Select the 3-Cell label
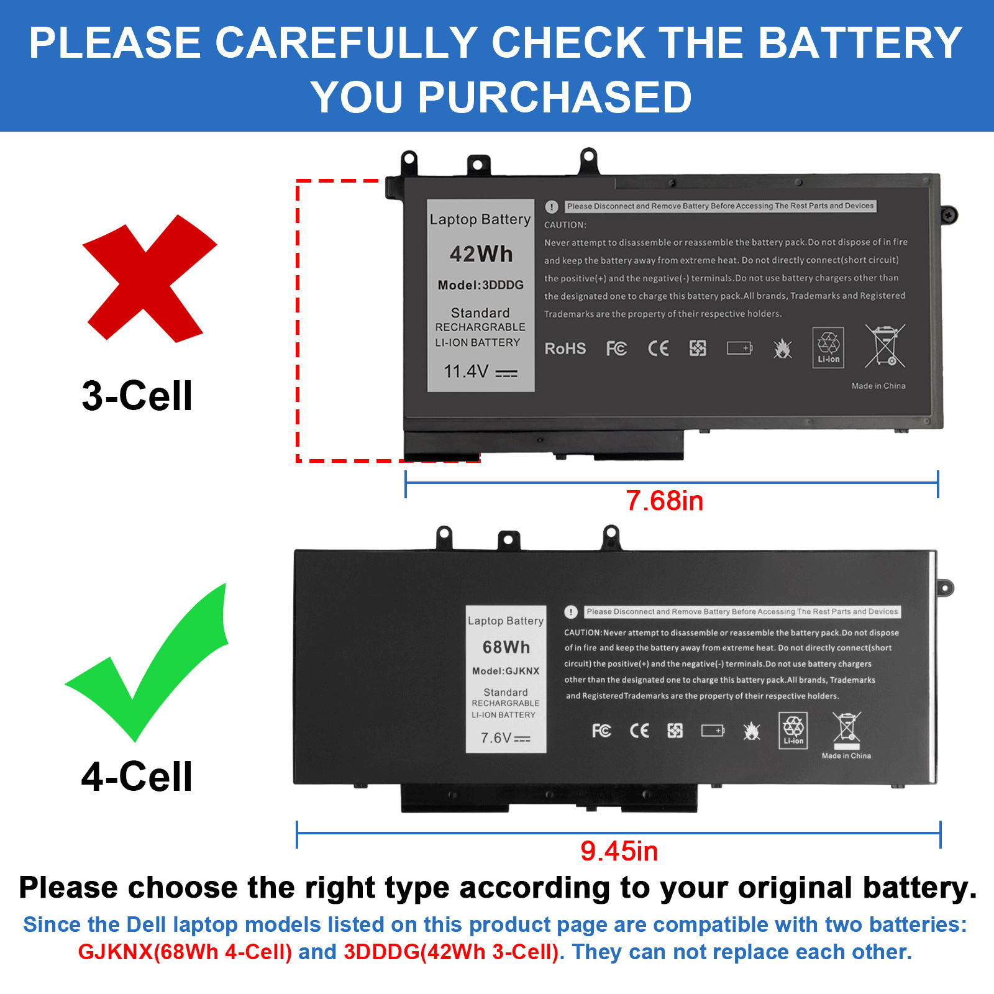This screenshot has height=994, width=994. (137, 396)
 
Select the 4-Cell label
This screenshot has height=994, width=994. (137, 777)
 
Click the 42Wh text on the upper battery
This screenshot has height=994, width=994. (481, 254)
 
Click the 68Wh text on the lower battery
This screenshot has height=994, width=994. (506, 647)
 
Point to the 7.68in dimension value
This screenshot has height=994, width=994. (664, 501)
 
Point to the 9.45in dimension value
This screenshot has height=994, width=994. (619, 851)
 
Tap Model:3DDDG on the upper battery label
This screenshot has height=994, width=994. (480, 285)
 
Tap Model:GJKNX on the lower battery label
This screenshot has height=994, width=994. (506, 671)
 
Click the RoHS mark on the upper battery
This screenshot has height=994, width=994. (565, 349)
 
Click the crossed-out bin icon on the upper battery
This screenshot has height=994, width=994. (885, 346)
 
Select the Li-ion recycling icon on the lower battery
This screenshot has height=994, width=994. (793, 730)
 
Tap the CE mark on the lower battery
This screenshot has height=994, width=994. (639, 731)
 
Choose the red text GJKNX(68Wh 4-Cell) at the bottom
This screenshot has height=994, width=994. (185, 952)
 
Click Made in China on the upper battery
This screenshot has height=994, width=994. (878, 386)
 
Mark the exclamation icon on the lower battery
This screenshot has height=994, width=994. (571, 612)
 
